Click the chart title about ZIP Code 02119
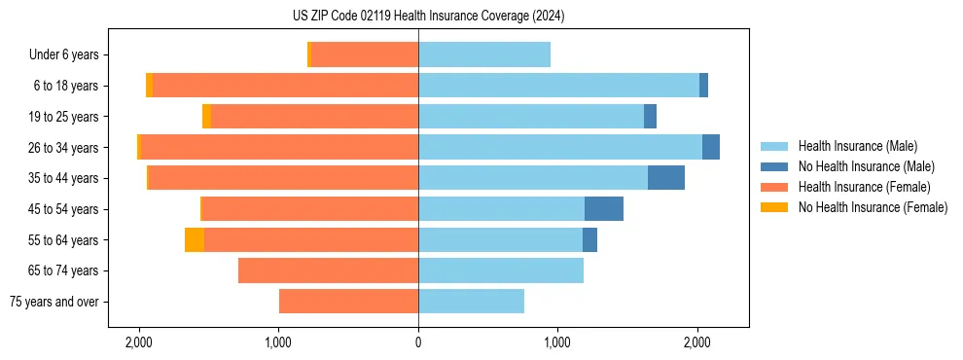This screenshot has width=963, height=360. point(428,17)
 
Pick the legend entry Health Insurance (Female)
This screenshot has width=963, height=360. point(863,187)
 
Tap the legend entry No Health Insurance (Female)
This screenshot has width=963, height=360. point(873,207)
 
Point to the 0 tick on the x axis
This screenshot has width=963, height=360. point(418,342)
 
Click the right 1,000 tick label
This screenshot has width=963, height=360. point(557,342)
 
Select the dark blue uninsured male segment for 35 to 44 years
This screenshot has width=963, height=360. point(666,178)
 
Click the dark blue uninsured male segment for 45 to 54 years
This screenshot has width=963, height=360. point(604,209)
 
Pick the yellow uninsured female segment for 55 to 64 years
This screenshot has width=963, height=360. point(195,240)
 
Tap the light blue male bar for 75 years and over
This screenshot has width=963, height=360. point(472,302)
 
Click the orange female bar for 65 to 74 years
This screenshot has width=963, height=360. point(329,270)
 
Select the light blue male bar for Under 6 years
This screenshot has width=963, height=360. point(484,55)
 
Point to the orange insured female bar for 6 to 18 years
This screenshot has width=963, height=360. point(286,86)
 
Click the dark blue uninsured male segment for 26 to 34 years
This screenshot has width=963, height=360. point(711,148)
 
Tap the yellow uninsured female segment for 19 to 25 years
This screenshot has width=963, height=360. point(206,117)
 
